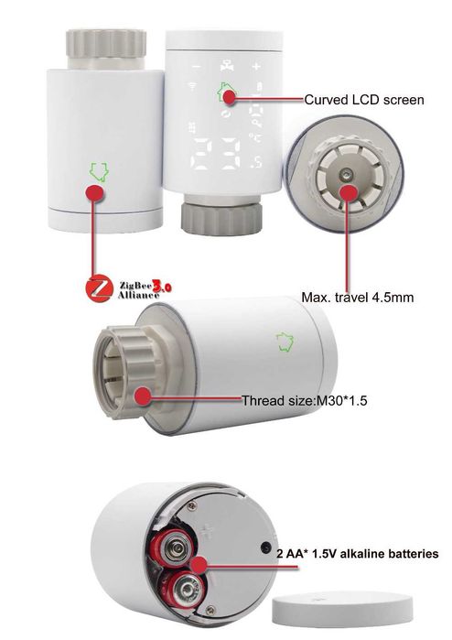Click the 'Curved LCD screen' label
pyautogui.click(x=363, y=98)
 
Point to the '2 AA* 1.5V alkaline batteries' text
pyautogui.click(x=357, y=554)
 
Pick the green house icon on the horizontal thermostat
pyautogui.click(x=286, y=342)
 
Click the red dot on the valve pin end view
pyautogui.click(x=350, y=192)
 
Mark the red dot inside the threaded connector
pyautogui.click(x=143, y=396)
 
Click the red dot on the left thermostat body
pyautogui.click(x=93, y=192)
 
